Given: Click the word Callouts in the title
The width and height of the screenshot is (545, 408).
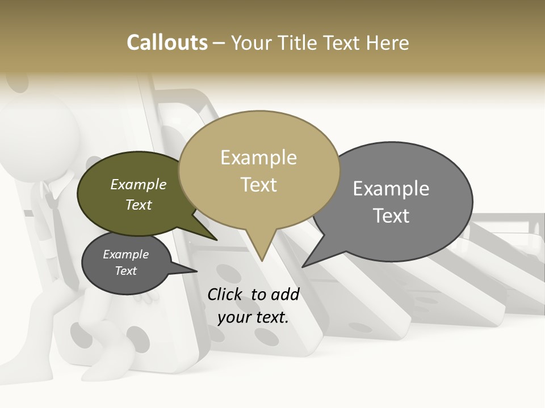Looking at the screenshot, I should click(x=167, y=42).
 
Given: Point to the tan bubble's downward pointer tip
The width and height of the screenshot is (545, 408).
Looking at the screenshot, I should click(x=262, y=260).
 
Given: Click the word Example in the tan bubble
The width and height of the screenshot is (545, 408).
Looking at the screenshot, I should click(x=258, y=158).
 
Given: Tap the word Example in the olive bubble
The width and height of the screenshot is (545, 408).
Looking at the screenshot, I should click(x=138, y=185).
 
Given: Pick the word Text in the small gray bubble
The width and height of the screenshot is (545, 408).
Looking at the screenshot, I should click(x=125, y=271).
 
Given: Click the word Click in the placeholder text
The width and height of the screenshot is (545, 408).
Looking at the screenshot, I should click(x=225, y=294).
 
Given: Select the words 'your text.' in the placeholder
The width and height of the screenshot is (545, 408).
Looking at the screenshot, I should click(x=253, y=317).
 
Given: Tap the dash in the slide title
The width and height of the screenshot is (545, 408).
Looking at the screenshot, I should click(x=220, y=42).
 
